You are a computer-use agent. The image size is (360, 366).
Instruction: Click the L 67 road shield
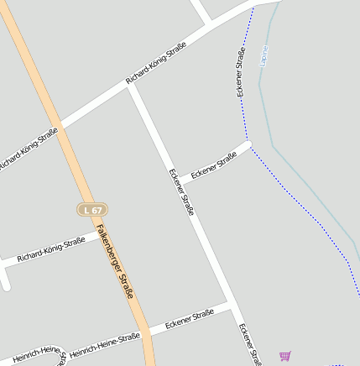coord(93,208)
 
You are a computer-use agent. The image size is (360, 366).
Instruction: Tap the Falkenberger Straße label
coord(114,262)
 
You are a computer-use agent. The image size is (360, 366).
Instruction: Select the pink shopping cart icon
coord(285,356)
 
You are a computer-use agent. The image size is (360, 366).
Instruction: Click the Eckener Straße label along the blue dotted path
coord(240,72)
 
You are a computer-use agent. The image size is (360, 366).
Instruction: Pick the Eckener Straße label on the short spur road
coord(214,165)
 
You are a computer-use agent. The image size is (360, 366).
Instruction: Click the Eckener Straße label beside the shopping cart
coord(249,344)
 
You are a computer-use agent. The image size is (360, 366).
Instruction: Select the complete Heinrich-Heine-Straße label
coord(105,344)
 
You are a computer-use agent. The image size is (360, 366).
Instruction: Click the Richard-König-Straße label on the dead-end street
coord(51,249)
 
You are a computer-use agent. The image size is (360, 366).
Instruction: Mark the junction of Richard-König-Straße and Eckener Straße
coord(130,85)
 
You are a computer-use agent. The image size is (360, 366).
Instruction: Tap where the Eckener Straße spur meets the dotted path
coord(249,143)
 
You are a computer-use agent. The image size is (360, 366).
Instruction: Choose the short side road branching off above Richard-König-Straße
coord(201,13)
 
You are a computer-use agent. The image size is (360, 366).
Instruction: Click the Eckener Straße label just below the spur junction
coord(181,192)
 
